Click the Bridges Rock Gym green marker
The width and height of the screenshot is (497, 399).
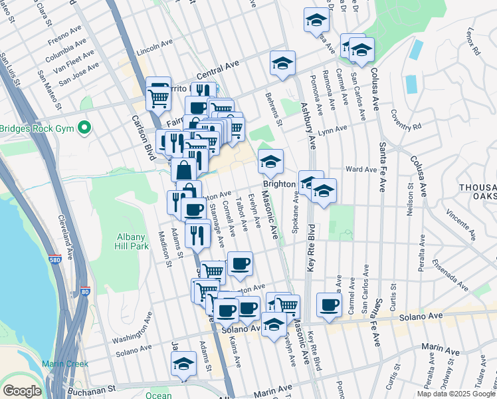[84, 127]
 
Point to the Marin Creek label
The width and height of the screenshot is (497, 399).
[64, 364]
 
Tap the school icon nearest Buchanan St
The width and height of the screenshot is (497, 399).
[184, 364]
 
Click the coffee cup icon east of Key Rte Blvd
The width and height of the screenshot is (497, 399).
[328, 304]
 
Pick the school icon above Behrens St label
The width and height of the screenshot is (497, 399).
[282, 64]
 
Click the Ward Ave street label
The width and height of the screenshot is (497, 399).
[361, 170]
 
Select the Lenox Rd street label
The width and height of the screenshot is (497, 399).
[472, 42]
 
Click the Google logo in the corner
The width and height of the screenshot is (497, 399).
[22, 391]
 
